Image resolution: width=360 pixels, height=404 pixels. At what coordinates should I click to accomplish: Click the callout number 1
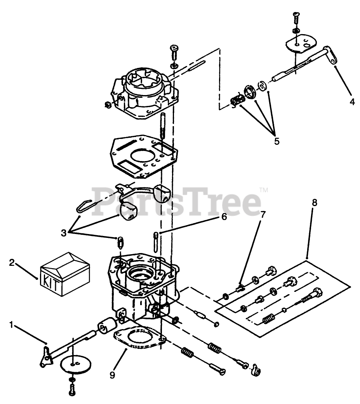point(11,325)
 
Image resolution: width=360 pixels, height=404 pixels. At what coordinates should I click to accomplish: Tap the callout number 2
point(12,263)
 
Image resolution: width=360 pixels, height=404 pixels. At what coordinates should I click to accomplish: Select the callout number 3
point(64,233)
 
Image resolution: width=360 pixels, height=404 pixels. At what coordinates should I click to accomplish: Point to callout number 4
point(352,102)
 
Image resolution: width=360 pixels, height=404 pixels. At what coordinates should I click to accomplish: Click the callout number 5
point(277,141)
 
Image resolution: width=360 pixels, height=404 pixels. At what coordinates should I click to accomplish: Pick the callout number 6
point(224,217)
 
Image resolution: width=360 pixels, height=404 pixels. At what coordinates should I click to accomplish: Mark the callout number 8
point(315,203)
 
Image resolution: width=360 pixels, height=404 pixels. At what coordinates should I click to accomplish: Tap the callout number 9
point(112,375)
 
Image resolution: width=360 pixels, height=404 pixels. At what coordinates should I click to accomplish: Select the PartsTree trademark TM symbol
point(264,190)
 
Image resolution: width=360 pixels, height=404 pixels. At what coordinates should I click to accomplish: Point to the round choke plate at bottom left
point(76,364)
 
